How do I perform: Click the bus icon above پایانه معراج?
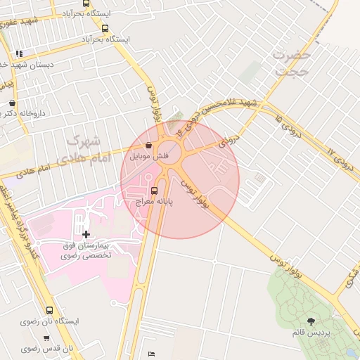pyautogui.click(x=155, y=190)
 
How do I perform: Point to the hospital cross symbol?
pyautogui.click(x=86, y=234)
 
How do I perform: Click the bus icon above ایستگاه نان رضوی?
pyautogui.click(x=49, y=309)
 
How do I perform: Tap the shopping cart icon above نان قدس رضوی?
pyautogui.click(x=49, y=337)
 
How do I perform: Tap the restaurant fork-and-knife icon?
pyautogui.click(x=19, y=53)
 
